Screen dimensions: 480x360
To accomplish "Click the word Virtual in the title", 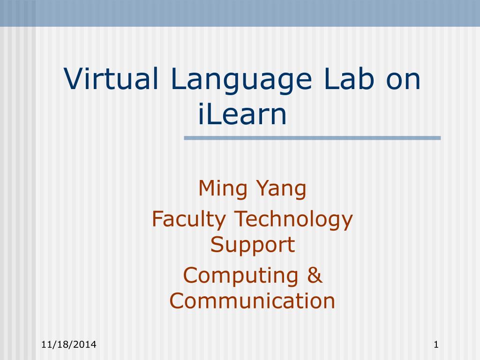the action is (111, 78).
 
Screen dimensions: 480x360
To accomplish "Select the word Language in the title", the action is (241, 81).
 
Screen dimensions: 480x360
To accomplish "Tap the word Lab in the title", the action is (349, 78).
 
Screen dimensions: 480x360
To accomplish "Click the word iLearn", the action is (242, 114).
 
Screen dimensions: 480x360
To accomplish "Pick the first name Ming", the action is (223, 189).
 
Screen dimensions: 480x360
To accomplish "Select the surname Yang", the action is (281, 189).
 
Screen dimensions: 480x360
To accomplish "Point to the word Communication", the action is (252, 300).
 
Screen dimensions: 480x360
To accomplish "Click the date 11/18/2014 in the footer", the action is (69, 345).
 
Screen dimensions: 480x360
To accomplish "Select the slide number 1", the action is (436, 345).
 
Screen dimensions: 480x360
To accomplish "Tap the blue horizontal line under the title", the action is (312, 138).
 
